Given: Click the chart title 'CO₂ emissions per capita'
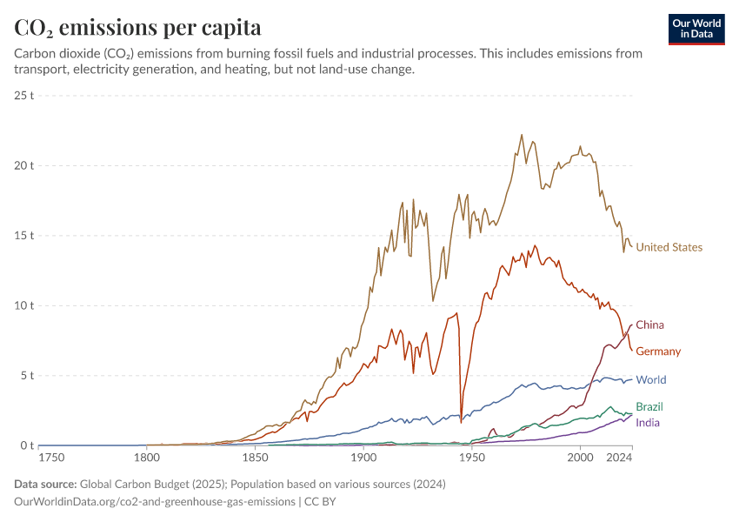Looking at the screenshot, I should pos(137,27).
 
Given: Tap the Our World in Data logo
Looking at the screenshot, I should pos(696,29).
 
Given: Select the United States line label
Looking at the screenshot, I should pos(669,247).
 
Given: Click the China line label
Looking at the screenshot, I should pos(649,325).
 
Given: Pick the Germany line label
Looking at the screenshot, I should pos(658,351).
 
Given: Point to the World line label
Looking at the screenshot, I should pos(651,380).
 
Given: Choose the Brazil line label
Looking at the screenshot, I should pos(650,407).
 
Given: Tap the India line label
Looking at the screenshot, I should pos(647,423).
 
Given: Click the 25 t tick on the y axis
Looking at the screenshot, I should pos(23,95).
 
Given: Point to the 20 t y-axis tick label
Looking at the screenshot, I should pos(23,165).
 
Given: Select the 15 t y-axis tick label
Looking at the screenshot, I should pos(23,236).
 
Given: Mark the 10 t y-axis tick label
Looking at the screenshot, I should pos(23,305).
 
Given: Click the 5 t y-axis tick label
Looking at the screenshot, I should pos(26,376).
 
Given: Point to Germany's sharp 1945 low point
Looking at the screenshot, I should pos(461,423).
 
